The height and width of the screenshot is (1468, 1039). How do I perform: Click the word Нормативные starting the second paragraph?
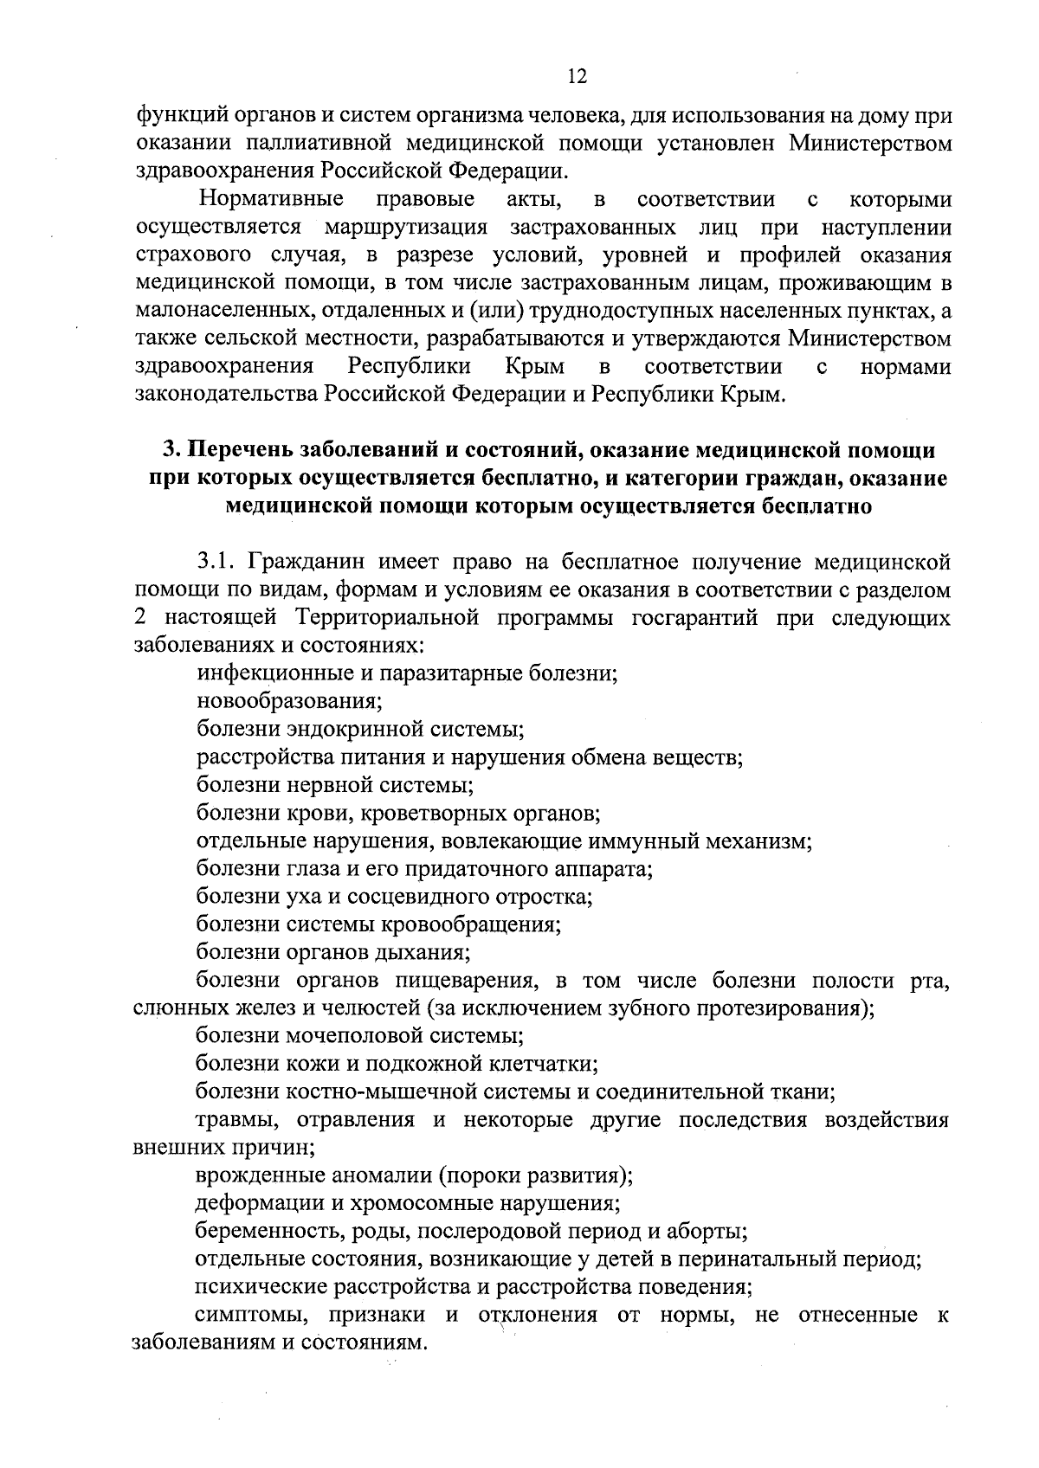coord(271,200)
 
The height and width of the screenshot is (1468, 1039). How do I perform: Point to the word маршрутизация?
coord(406,228)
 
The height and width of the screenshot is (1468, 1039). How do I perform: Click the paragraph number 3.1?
coord(216,563)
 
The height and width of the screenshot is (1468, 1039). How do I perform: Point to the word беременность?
coord(259,1231)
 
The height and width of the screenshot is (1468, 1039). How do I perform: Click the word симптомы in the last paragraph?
coord(242,1315)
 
